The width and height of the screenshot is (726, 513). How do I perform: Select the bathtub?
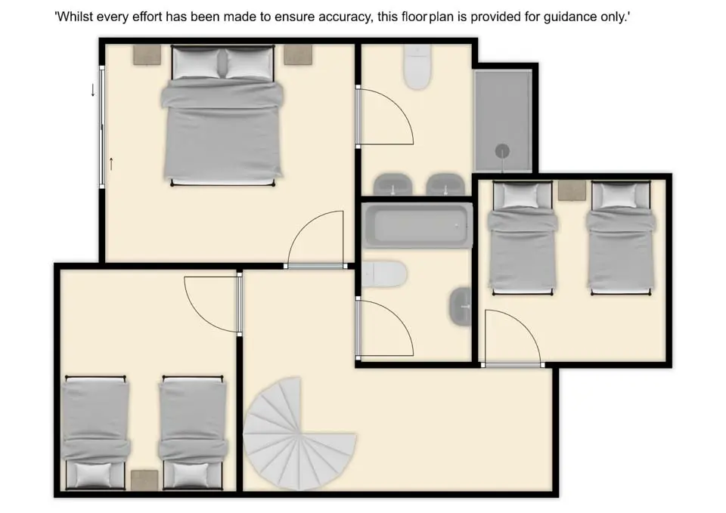[417, 225]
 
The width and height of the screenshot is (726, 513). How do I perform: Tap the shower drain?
[502, 151]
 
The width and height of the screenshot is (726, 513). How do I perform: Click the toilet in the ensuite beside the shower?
[417, 67]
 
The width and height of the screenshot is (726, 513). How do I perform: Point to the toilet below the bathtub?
[384, 274]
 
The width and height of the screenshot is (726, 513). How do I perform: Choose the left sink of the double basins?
[392, 184]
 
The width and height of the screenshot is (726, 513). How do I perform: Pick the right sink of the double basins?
[445, 184]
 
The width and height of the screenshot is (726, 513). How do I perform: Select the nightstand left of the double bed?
[147, 54]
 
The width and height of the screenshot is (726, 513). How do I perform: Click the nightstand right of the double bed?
[298, 54]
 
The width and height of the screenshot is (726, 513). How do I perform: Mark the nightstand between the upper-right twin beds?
[572, 190]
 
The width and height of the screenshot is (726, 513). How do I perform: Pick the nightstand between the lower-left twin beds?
[144, 481]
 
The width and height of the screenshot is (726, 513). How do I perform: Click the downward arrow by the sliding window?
[93, 90]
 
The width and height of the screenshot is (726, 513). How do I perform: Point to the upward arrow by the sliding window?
[111, 164]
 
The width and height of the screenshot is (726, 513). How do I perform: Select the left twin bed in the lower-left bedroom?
[95, 433]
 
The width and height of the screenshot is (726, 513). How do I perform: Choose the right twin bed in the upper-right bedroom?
[621, 238]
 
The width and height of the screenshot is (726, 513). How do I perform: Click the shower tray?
[503, 120]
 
